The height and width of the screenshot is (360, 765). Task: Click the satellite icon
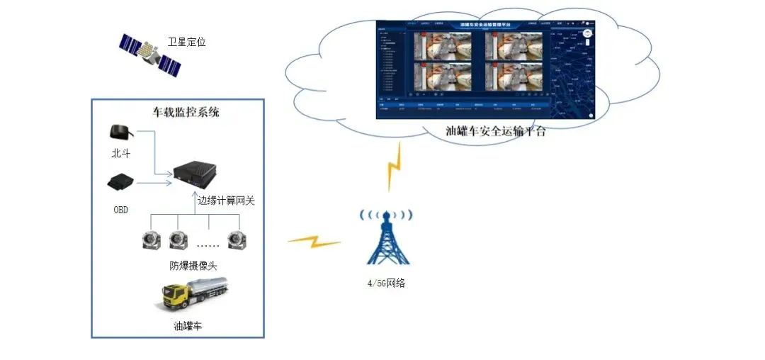coord(149,55)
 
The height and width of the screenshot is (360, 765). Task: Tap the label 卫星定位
coord(186,43)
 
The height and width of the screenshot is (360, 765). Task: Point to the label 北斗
coord(121,152)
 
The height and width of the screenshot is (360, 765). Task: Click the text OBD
coord(121,210)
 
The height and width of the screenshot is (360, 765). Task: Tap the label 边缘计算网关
coord(225,201)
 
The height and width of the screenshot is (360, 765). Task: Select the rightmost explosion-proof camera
coord(236,240)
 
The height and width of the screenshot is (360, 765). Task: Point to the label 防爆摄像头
coord(193,266)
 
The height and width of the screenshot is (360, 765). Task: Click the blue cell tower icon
coord(385,237)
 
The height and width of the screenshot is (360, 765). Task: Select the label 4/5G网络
coord(385,283)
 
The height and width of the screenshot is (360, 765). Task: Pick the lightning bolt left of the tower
coord(313,241)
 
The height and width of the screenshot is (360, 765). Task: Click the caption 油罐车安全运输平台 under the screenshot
coord(495,131)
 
